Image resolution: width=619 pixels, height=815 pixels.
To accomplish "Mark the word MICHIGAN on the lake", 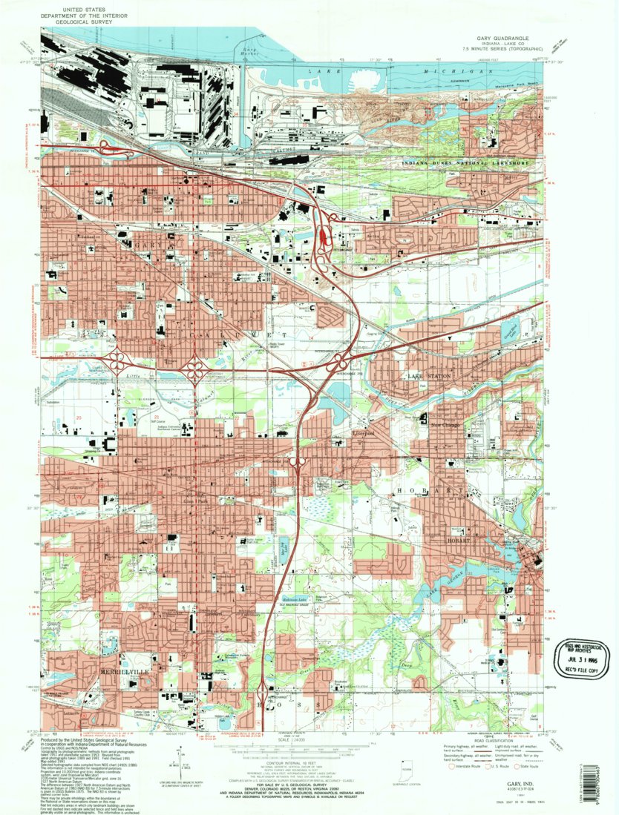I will (x=468, y=70).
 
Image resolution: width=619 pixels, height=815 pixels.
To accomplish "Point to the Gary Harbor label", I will (x=245, y=51).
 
